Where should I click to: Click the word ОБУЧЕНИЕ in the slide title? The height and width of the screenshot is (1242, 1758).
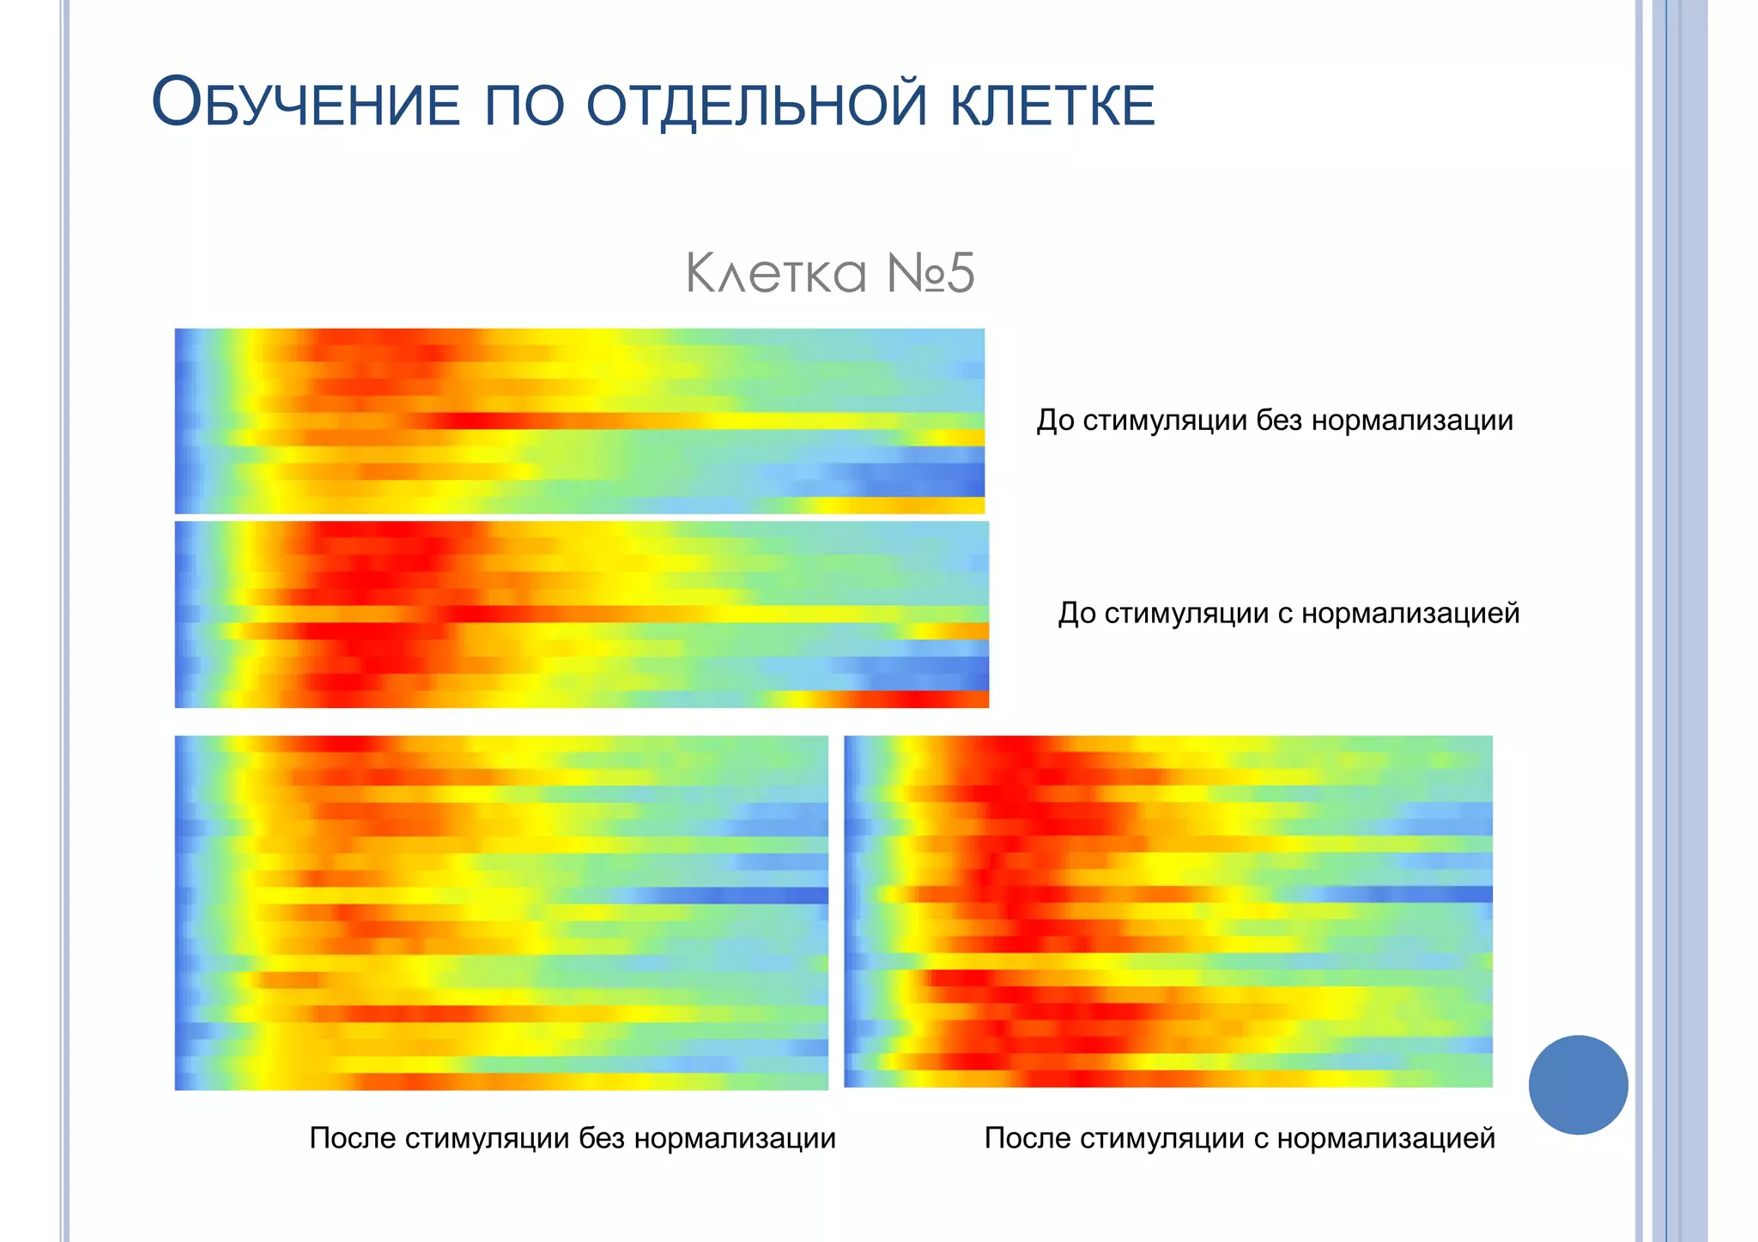tap(306, 103)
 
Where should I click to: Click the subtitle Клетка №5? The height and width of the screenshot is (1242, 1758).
tap(829, 273)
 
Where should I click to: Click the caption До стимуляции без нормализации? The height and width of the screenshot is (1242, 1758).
tap(1274, 421)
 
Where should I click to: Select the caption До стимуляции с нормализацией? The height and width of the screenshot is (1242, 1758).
tap(1288, 613)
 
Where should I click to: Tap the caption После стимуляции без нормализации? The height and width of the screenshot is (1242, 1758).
tap(572, 1138)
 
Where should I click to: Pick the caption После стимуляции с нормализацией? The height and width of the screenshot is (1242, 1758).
tap(1240, 1138)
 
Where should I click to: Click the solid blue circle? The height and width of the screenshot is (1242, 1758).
tap(1578, 1085)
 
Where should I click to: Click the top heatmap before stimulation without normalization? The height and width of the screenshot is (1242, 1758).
tap(579, 421)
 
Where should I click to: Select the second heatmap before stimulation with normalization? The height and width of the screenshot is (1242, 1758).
tap(581, 615)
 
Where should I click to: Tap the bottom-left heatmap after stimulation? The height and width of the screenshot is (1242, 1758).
tap(501, 912)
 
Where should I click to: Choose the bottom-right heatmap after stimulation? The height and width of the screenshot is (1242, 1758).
tap(1168, 912)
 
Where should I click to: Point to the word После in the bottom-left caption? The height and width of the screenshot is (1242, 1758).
tap(352, 1138)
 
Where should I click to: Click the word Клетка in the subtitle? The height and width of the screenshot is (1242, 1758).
tap(776, 273)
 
